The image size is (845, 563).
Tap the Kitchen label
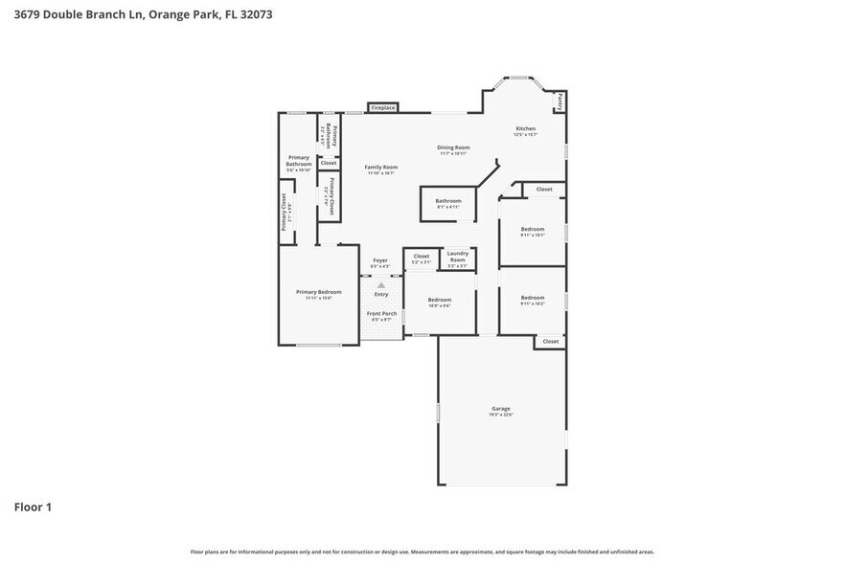point(525,128)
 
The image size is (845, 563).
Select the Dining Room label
point(454,147)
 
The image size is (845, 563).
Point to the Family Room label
point(380,167)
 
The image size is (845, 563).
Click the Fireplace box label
point(383,108)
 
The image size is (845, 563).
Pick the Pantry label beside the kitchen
point(560,101)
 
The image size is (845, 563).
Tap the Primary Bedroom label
point(318,292)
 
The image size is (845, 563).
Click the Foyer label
point(380,260)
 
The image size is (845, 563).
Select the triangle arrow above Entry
point(381,284)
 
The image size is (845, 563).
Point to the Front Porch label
point(381,313)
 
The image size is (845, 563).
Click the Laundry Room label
point(457,256)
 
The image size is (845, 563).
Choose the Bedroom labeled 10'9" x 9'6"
point(439,300)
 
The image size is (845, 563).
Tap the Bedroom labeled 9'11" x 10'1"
point(533,229)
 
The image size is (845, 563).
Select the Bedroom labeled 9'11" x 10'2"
point(533,298)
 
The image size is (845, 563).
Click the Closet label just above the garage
point(551,341)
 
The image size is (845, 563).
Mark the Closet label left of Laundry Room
point(422,256)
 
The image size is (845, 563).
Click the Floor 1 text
point(32,507)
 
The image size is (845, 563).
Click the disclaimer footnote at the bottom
point(422,552)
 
